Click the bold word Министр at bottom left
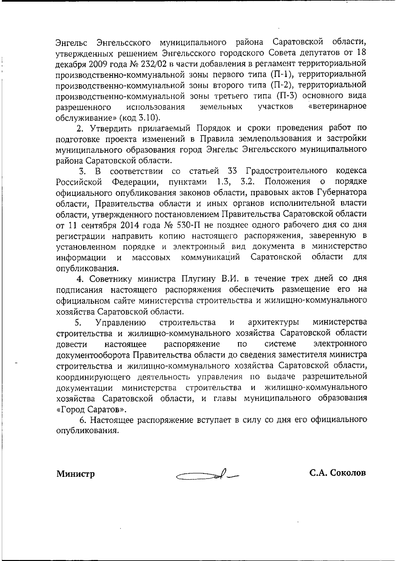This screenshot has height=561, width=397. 75,474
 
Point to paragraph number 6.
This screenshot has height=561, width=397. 82,420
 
